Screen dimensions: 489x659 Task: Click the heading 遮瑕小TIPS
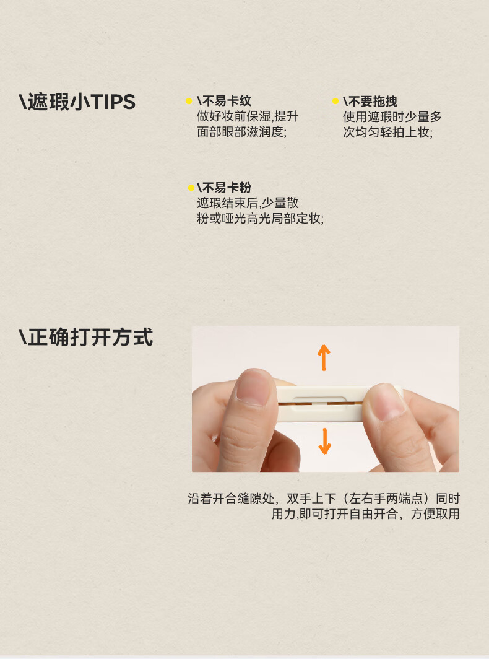pyautogui.click(x=77, y=102)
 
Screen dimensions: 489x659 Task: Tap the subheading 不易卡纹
pyautogui.click(x=224, y=101)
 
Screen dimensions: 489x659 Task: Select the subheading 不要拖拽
pyautogui.click(x=370, y=102)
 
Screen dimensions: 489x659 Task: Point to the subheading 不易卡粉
pyautogui.click(x=224, y=188)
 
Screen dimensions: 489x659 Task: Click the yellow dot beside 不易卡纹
pyautogui.click(x=189, y=101)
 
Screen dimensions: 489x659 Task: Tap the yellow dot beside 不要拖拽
pyautogui.click(x=335, y=101)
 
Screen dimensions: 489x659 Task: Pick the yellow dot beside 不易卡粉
pyautogui.click(x=191, y=188)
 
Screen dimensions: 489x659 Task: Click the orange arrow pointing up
pyautogui.click(x=324, y=357)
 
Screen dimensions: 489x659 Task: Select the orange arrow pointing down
pyautogui.click(x=324, y=441)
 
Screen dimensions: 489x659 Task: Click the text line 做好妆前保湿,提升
pyautogui.click(x=248, y=116)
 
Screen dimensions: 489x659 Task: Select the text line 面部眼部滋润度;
pyautogui.click(x=241, y=132)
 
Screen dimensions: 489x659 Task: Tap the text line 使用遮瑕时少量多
pyautogui.click(x=392, y=117)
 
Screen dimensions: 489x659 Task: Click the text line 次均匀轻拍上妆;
pyautogui.click(x=387, y=133)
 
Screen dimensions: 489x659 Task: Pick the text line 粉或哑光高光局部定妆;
pyautogui.click(x=260, y=219)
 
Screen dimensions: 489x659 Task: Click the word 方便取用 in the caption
pyautogui.click(x=435, y=513)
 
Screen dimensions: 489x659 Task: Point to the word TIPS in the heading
pyautogui.click(x=113, y=102)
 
